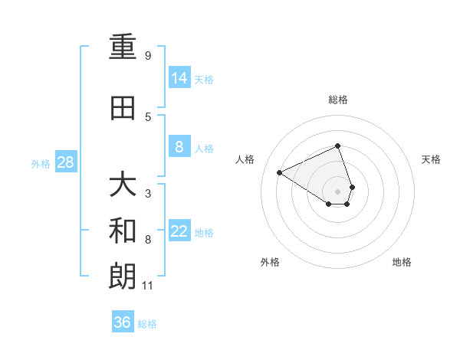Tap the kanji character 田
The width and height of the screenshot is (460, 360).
pos(123,109)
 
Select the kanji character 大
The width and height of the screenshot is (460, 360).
pos(123,185)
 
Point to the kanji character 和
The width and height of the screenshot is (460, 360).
pos(123,231)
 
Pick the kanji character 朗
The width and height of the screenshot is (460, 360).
pos(123,277)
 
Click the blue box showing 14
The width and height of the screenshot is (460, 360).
pos(179,78)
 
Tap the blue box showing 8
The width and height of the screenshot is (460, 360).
pos(179,147)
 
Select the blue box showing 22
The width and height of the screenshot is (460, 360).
pos(179,231)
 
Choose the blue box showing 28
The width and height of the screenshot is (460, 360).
pos(66,162)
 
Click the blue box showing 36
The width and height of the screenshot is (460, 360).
pos(123,322)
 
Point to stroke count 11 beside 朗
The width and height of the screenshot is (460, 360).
pos(149,286)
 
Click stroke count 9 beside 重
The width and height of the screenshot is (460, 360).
pos(148,56)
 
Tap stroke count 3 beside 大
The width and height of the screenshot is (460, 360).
pos(148,194)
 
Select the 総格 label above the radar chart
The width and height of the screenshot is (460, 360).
pos(338,100)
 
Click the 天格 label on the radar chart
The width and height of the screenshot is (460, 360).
pos(432,159)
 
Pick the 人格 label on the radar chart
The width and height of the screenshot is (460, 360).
pos(245,159)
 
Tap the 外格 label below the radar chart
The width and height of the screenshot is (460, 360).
pos(270,262)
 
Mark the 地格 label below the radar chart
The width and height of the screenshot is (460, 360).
pos(402,262)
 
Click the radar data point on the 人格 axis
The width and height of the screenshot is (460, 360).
pos(280,172)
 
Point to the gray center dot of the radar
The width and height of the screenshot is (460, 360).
pos(338,191)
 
